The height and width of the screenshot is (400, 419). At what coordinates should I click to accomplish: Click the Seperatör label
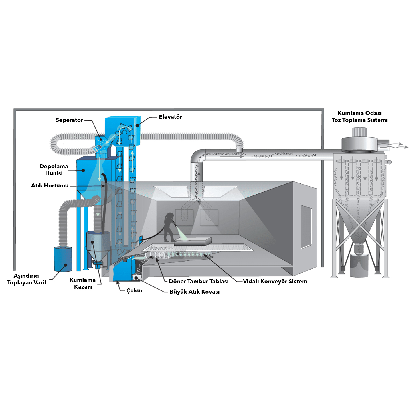coord(69,120)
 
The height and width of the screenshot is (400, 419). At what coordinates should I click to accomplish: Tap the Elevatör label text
coord(170,117)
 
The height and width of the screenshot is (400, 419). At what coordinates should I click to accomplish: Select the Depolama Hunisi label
coord(54,170)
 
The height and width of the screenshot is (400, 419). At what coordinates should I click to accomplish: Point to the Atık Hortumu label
coord(50,185)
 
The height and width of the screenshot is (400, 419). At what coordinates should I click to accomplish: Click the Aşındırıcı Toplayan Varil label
coord(27,279)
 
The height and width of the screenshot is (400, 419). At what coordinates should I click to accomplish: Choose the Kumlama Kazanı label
coord(83,283)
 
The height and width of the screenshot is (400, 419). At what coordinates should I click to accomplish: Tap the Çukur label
coord(135,290)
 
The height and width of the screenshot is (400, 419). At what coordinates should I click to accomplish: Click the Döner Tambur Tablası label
coord(199,281)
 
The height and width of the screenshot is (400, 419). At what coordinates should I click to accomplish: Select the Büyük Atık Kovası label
coord(195,292)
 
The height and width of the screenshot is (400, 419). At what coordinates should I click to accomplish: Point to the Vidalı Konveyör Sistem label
coord(275,281)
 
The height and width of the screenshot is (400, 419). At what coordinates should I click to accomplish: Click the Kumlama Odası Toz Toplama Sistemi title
coord(359,116)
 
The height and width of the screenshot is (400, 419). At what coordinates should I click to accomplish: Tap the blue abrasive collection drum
coord(63,259)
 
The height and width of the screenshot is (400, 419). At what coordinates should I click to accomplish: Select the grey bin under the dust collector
coord(359,266)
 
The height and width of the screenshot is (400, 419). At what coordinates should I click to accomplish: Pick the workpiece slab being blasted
coord(193,241)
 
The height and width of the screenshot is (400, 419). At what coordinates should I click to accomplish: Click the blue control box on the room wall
coord(141,240)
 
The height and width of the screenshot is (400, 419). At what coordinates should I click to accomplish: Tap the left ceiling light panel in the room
coord(171,191)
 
